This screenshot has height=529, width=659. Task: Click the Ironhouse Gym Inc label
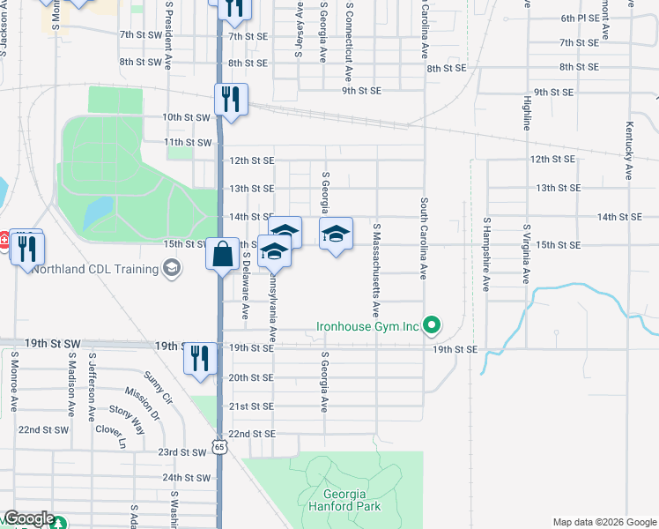(x=368, y=327)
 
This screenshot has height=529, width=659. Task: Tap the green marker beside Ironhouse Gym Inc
(x=432, y=327)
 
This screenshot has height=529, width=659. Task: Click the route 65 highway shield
(x=219, y=448)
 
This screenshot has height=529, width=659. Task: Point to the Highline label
(x=527, y=113)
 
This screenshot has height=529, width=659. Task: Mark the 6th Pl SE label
(x=580, y=18)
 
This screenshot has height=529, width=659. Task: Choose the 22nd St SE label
(x=252, y=435)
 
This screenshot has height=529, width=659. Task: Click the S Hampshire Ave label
(x=486, y=254)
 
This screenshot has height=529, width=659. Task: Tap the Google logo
(x=29, y=518)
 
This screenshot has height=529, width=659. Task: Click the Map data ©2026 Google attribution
(x=603, y=522)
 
